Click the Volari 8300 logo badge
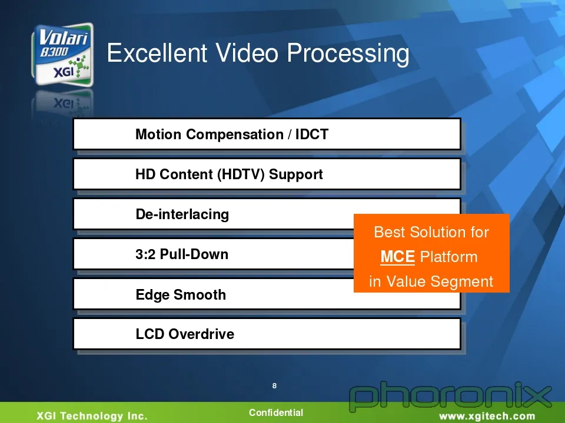click(63, 55)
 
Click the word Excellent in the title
click(157, 53)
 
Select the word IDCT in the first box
click(312, 134)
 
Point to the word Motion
click(158, 134)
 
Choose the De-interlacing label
click(182, 214)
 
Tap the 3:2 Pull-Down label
click(182, 254)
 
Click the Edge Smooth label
click(181, 294)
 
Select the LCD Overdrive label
click(185, 334)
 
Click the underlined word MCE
click(397, 257)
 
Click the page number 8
click(275, 386)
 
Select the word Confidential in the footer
click(276, 412)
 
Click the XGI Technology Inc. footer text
click(92, 416)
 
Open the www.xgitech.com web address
click(487, 417)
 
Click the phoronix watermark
click(450, 397)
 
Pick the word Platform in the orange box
click(448, 257)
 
